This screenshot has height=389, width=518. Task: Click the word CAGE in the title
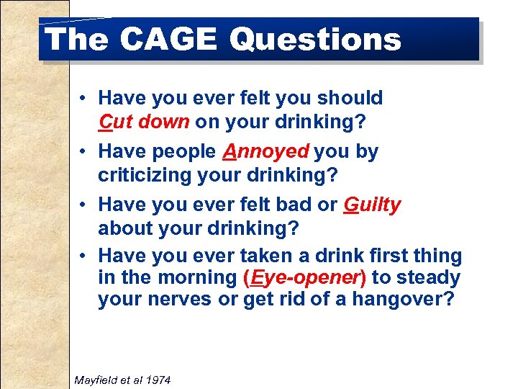[x=168, y=39]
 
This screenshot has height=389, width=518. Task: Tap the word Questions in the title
[x=315, y=39]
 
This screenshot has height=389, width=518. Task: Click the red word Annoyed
[x=265, y=151]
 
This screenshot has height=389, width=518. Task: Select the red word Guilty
[x=372, y=205]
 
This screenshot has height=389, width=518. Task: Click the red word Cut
[x=114, y=121]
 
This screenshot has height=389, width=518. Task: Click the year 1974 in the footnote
[x=158, y=379]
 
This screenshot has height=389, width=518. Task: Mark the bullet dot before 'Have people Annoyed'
[x=84, y=152]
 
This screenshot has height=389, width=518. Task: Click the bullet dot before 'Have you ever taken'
[x=84, y=256]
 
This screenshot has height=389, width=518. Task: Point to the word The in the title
[x=76, y=39]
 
